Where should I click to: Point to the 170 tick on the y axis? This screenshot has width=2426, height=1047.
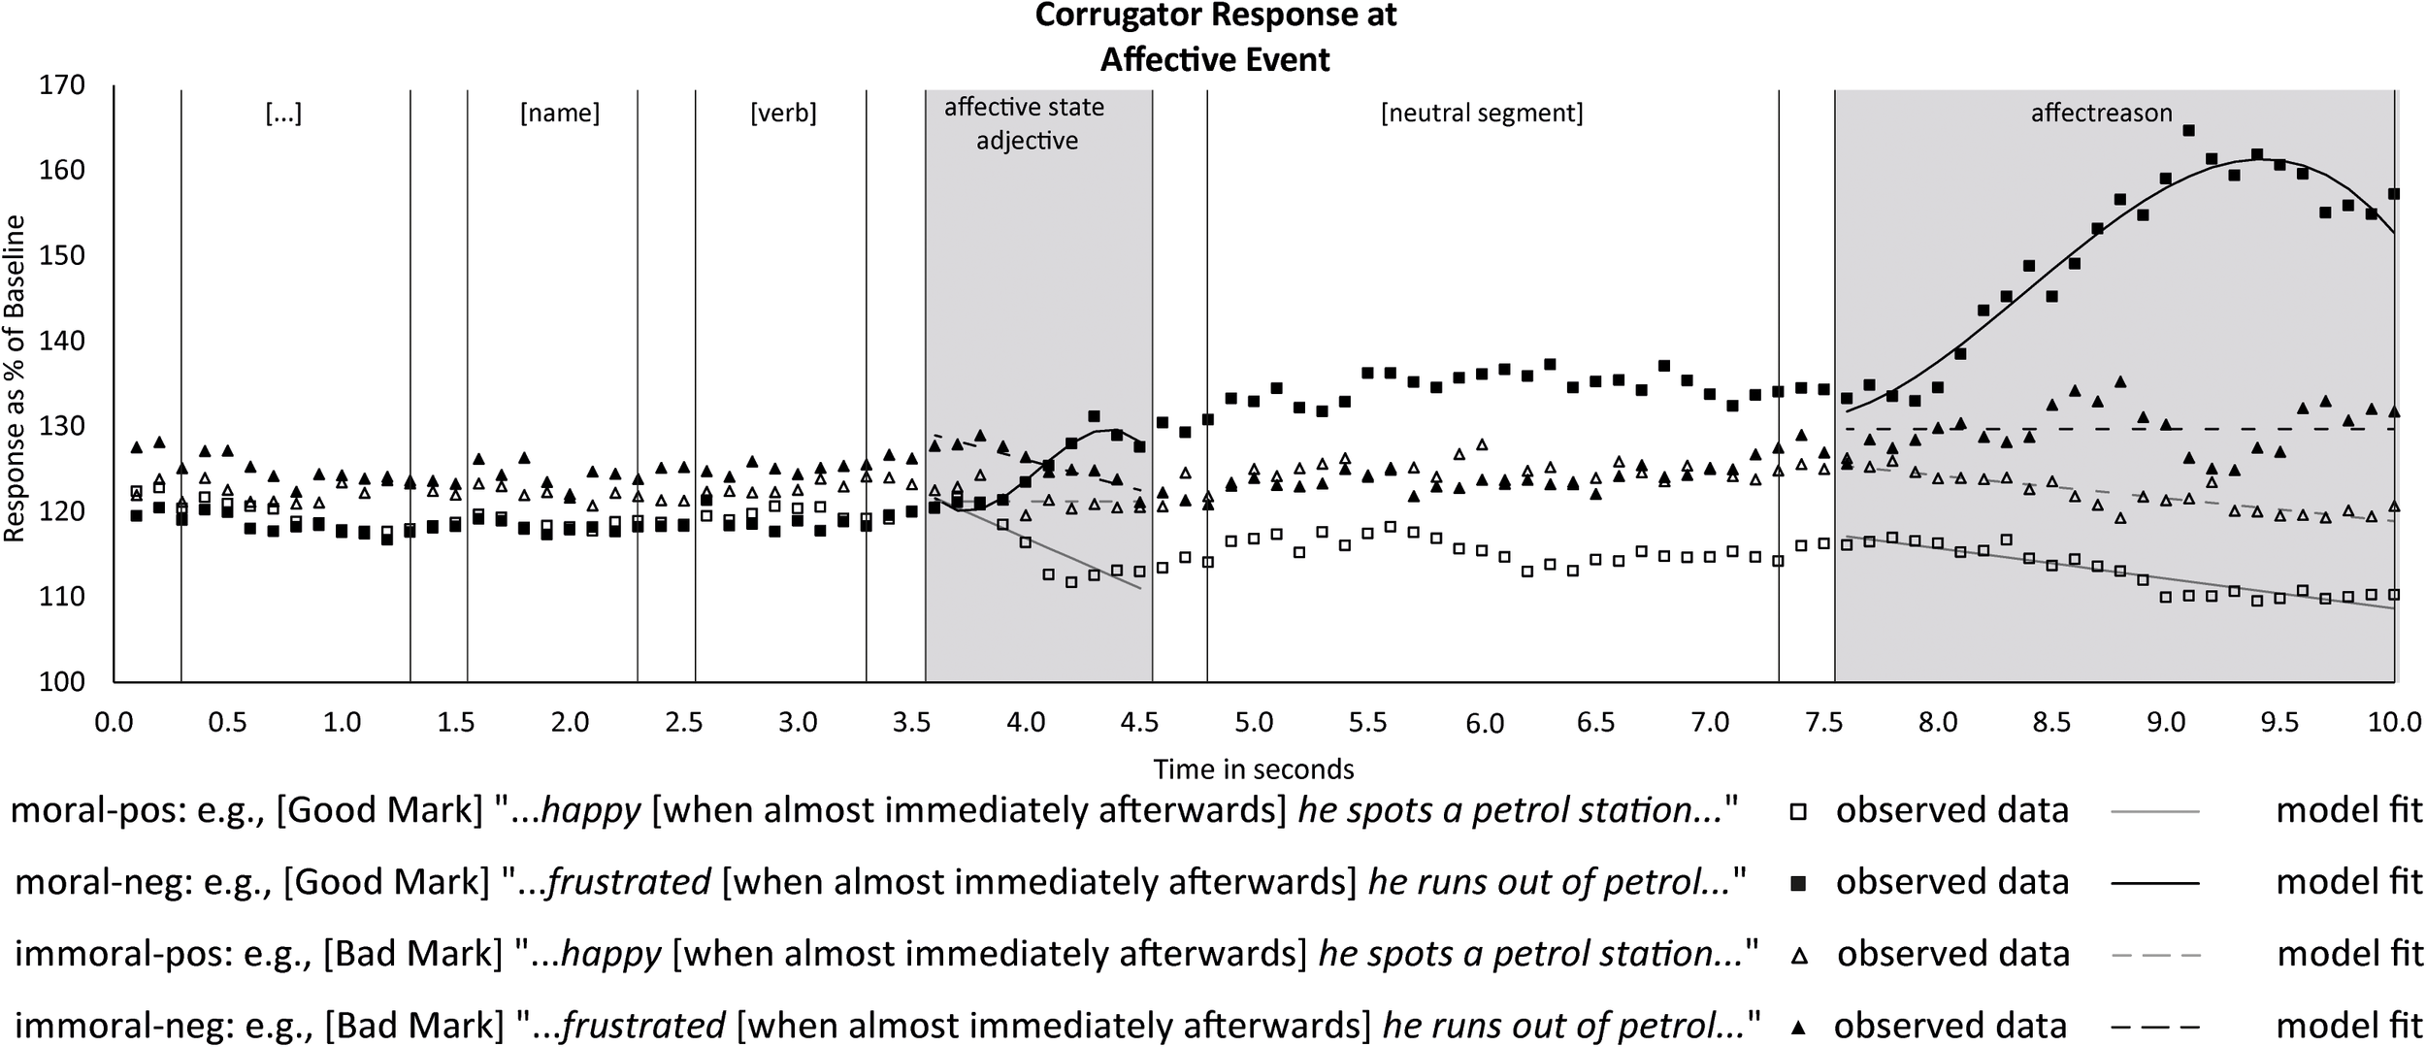(63, 85)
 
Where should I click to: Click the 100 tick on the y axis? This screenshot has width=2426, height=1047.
(63, 682)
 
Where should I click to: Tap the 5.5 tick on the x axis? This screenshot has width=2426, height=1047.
(1367, 723)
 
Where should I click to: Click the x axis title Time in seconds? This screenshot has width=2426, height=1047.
(1253, 769)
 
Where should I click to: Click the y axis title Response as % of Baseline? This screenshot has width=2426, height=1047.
(16, 378)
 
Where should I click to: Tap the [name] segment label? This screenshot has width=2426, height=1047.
(560, 114)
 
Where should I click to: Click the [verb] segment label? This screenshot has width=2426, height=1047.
(783, 114)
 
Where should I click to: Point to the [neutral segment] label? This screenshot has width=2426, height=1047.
(1481, 114)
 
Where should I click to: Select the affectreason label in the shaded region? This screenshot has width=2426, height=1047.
(2101, 114)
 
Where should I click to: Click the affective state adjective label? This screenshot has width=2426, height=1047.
(1026, 123)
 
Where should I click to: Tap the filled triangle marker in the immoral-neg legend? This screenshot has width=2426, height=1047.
(1798, 1027)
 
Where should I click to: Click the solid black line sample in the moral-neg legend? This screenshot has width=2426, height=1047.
(2155, 883)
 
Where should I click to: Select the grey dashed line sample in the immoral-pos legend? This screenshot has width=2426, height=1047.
(2155, 955)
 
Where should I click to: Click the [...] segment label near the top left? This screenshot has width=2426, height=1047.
(283, 114)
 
